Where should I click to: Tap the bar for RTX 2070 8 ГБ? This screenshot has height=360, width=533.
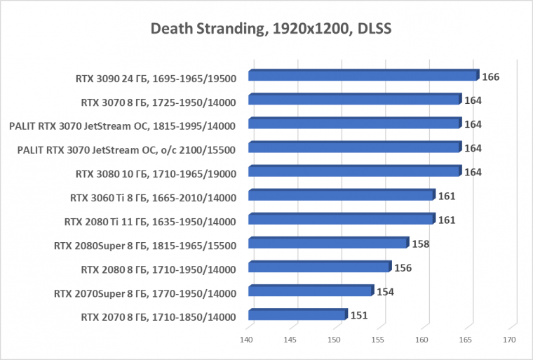pos(297,315)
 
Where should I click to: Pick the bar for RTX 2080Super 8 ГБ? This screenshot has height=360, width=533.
pos(328,244)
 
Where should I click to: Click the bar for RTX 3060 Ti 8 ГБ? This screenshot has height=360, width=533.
pos(342,196)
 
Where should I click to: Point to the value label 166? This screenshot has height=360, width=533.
pos(490,76)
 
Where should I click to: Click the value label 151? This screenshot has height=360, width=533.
pos(359,315)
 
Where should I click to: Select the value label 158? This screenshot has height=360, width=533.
pos(420,244)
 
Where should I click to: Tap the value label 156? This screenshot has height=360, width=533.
pos(403,268)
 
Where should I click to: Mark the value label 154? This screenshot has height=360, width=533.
pos(386,292)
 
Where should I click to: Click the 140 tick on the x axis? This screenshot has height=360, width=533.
pos(247,340)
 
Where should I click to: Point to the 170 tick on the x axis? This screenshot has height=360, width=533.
pos(509,340)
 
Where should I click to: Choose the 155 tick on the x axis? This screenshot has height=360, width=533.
pos(378,340)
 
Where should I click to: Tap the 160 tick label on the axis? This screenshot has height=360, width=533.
pos(421,340)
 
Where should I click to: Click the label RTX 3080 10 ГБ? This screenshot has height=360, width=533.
pos(156,173)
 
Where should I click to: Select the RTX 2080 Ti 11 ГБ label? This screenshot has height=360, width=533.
pos(150,221)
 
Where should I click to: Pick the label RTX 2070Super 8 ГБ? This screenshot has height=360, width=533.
pos(144,293)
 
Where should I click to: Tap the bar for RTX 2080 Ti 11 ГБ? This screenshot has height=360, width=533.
pos(342,220)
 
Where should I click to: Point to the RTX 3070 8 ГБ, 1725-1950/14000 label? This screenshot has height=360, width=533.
pos(158,102)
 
